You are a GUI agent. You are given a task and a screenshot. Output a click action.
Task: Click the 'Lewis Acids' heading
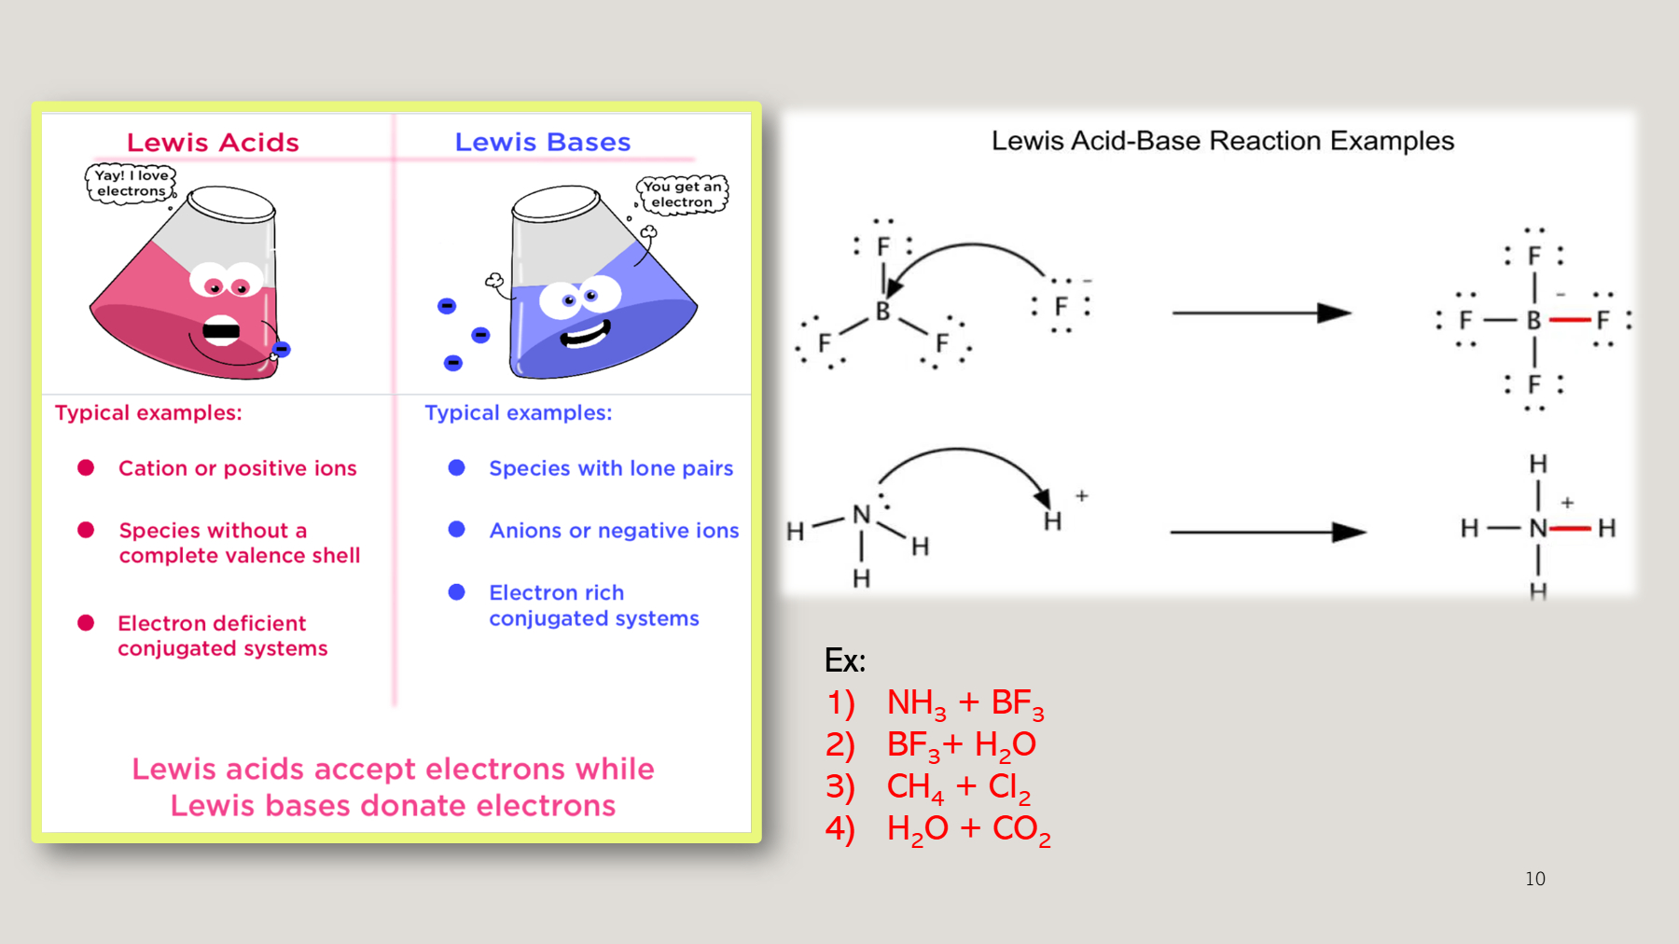coord(213,143)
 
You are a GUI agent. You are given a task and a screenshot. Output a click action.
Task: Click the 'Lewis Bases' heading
coord(543,143)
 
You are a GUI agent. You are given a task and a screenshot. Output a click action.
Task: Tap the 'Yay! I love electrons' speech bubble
coord(131,183)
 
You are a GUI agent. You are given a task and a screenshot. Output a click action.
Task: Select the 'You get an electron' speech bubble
coord(682,194)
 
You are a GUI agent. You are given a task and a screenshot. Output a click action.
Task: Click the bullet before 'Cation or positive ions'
coord(86,467)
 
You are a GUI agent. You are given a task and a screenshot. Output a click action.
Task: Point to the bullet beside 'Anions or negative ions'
coord(457,529)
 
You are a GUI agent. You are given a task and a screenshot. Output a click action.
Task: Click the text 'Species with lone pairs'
coord(611,468)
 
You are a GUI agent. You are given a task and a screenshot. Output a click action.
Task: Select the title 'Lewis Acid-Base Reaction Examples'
coord(1223,141)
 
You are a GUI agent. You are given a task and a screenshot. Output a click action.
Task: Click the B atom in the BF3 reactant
coord(882,312)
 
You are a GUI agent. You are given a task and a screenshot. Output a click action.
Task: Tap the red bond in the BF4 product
coord(1571,320)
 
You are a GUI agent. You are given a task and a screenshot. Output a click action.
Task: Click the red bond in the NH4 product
coord(1571,529)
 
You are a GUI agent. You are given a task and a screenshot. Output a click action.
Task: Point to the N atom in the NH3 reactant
coord(861,515)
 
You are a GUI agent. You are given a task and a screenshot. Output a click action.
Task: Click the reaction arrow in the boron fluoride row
coord(1262,312)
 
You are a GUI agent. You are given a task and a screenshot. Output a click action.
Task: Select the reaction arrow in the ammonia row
coord(1269,532)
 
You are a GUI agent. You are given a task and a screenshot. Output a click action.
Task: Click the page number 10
coord(1535,879)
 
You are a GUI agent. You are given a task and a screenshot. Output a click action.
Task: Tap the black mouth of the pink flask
coord(221,330)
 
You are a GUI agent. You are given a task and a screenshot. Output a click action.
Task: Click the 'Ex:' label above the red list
coord(845,660)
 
